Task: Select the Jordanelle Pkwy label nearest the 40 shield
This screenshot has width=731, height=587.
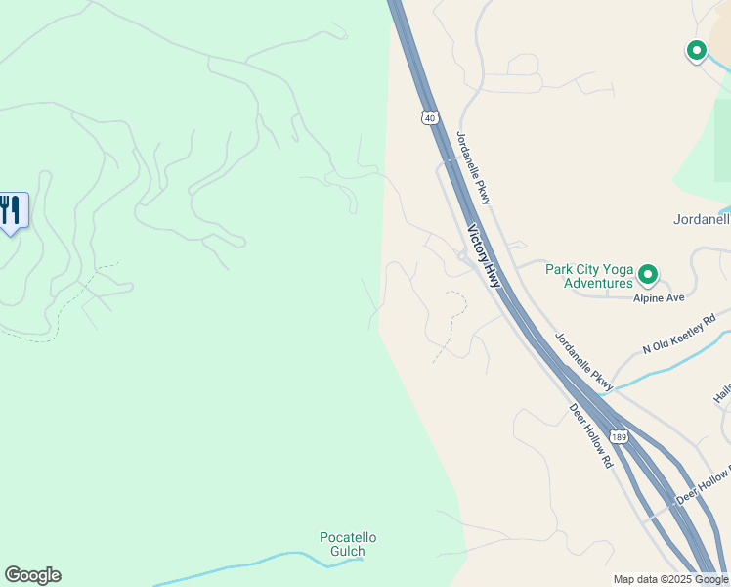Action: (474, 167)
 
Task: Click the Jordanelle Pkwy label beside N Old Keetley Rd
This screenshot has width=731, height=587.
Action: (583, 362)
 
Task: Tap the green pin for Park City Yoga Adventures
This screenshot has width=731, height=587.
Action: (648, 275)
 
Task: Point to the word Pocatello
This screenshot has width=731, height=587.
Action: (348, 537)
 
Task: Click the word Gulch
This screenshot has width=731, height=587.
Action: (348, 551)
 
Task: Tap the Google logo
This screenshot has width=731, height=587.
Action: (32, 575)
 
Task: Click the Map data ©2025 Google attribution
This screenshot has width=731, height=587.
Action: (670, 579)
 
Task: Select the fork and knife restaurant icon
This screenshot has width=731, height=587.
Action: (10, 209)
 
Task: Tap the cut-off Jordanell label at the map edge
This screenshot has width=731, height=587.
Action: (701, 219)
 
